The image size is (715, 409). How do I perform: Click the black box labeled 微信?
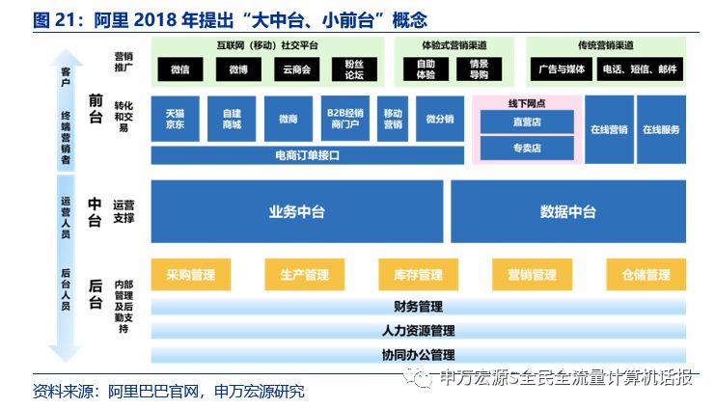180,69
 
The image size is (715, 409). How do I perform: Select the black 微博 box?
238,69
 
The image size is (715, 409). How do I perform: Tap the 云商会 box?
297,69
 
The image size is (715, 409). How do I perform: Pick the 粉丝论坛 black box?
354,69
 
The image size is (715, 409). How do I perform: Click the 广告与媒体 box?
562,69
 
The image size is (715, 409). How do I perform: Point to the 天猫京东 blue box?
175,119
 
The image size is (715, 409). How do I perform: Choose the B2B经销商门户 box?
345,119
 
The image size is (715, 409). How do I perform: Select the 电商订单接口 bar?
308,155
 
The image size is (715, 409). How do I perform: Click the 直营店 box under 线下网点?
527,122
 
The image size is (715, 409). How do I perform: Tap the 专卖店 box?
527,149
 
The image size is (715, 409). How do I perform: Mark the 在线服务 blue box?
661,129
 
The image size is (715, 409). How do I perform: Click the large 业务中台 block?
297,211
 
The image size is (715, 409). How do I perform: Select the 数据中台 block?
568,211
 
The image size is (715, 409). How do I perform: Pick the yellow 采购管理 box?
191,275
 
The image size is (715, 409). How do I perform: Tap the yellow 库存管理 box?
418,275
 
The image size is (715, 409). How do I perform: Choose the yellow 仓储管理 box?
646,275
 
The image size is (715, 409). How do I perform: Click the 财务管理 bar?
418,307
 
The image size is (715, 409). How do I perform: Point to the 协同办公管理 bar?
418,355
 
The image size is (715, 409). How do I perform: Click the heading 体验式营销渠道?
454,45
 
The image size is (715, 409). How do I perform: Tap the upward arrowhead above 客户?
66,57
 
